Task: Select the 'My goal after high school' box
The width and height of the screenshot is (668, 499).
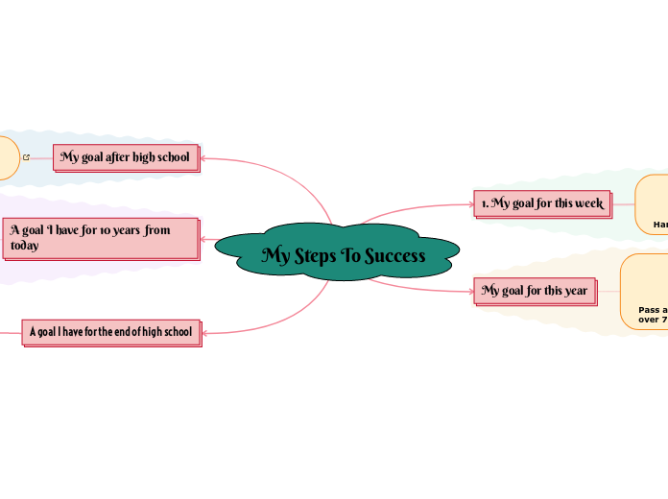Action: pyautogui.click(x=126, y=156)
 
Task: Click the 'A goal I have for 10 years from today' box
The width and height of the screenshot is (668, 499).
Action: pyautogui.click(x=101, y=238)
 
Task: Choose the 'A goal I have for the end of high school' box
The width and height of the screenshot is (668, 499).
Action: pyautogui.click(x=111, y=332)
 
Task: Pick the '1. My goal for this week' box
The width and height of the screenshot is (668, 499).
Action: pyautogui.click(x=542, y=203)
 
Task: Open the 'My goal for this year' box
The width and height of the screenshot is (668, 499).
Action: pyautogui.click(x=535, y=290)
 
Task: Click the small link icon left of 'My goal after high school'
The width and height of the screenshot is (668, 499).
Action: pyautogui.click(x=26, y=157)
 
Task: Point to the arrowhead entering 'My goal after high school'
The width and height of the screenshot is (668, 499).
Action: pyautogui.click(x=204, y=157)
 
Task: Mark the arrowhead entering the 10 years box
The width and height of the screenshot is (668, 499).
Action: pyautogui.click(x=204, y=239)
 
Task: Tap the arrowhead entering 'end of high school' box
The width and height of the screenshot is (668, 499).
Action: pyautogui.click(x=206, y=333)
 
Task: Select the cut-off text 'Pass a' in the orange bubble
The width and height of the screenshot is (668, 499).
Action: pyautogui.click(x=653, y=310)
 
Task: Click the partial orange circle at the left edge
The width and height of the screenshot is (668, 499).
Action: pyautogui.click(x=7, y=157)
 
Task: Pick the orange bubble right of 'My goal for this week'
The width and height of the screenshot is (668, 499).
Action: pyautogui.click(x=653, y=203)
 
